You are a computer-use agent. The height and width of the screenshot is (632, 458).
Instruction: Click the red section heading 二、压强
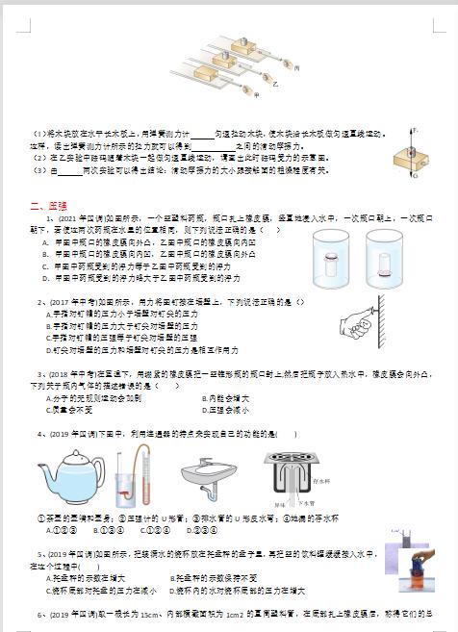click(x=48, y=205)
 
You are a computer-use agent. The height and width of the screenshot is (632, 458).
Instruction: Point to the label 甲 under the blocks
click(x=255, y=93)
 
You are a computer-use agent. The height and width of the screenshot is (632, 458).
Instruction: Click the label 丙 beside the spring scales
click(x=296, y=68)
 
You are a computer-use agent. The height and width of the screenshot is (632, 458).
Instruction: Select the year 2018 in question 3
click(x=60, y=373)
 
